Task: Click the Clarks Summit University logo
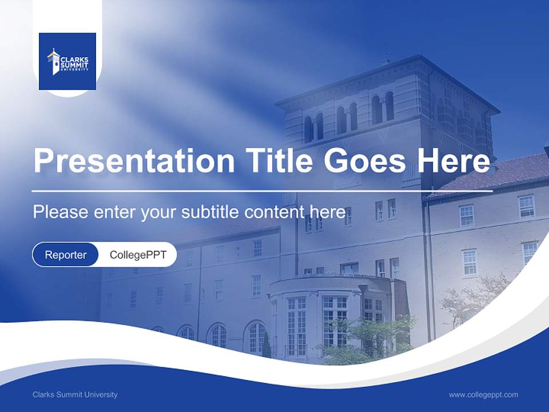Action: click(67, 61)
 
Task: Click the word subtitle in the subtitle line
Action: click(211, 212)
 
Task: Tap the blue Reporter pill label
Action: click(65, 255)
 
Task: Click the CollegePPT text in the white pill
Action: click(138, 255)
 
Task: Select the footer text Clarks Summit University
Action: click(75, 394)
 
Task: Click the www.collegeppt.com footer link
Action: click(483, 394)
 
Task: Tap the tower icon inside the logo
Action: click(54, 62)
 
